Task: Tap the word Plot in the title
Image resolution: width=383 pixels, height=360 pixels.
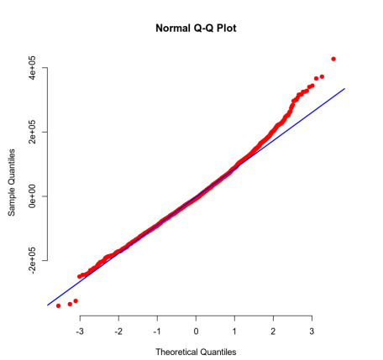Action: (x=228, y=28)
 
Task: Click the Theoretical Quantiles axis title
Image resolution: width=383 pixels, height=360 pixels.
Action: (x=196, y=351)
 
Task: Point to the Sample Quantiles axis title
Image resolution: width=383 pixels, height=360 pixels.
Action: (x=13, y=183)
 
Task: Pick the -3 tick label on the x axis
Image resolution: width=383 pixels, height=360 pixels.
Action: (x=79, y=331)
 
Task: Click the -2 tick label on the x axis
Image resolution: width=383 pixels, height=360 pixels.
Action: (x=118, y=331)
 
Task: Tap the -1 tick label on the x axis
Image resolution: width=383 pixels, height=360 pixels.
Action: (x=156, y=331)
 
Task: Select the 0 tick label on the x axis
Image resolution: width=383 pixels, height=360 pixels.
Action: (x=196, y=331)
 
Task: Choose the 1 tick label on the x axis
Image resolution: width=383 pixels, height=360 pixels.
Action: (x=234, y=331)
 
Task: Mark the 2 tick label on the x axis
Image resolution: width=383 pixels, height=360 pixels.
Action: (x=273, y=331)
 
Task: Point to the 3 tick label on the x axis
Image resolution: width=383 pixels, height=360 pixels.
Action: (x=312, y=331)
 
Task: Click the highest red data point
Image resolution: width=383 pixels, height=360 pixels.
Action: (x=333, y=59)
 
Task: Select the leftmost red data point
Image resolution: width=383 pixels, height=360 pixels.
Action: (x=58, y=306)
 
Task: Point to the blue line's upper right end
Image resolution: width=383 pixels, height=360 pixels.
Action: (x=344, y=88)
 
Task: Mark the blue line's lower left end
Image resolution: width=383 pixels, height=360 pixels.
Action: (x=47, y=305)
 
